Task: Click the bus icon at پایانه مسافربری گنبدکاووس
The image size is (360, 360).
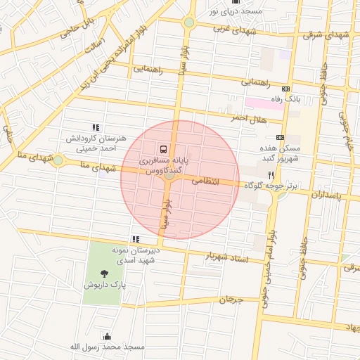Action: click(163, 150)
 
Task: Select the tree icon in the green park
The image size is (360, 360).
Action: click(105, 273)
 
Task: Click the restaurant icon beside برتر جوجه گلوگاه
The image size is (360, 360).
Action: click(270, 174)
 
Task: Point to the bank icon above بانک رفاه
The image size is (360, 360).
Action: click(285, 89)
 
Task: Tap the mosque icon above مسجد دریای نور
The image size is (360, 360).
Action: click(236, 2)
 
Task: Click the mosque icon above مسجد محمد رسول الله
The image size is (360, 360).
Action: click(106, 336)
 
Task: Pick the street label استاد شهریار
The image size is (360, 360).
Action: click(226, 258)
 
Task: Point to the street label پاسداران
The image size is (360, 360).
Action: click(324, 193)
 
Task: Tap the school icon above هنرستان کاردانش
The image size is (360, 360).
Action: click(96, 127)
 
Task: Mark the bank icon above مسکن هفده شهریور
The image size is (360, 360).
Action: click(280, 137)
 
